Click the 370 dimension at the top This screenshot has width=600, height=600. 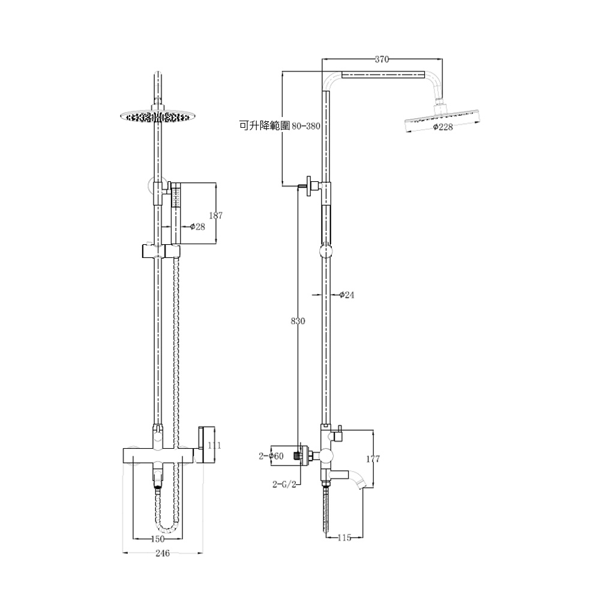pos(382,59)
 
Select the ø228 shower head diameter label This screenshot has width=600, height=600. pos(443,127)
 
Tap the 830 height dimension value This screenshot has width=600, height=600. pos(298,320)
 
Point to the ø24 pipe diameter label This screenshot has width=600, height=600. pos(347,295)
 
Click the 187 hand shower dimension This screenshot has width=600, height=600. pos(216,215)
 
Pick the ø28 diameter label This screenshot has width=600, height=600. pos(198,227)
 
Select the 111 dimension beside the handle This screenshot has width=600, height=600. pos(214,445)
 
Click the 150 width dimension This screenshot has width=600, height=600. pos(158,539)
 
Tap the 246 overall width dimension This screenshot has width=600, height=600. pos(163,553)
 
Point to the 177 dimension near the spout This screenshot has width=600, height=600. pos(373,458)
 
